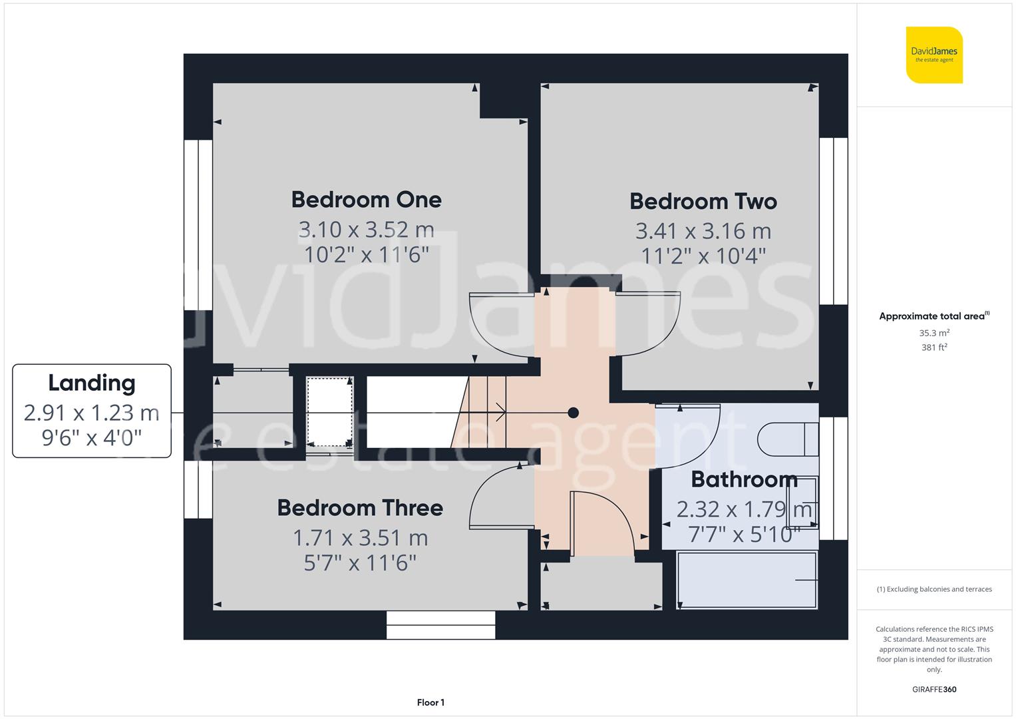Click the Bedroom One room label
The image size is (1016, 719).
pyautogui.click(x=366, y=200)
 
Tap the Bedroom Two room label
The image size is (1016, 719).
pyautogui.click(x=703, y=201)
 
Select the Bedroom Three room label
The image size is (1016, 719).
pyautogui.click(x=360, y=508)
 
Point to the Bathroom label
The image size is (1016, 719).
pyautogui.click(x=744, y=479)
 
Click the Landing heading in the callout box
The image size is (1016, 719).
pyautogui.click(x=92, y=383)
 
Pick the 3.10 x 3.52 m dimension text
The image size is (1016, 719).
pyautogui.click(x=366, y=230)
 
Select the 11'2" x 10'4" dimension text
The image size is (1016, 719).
pyautogui.click(x=703, y=256)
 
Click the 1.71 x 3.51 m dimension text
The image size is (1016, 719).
pyautogui.click(x=360, y=538)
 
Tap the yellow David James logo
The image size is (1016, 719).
pyautogui.click(x=934, y=55)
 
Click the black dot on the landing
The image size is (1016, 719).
pyautogui.click(x=573, y=413)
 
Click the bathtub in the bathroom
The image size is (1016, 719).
pyautogui.click(x=747, y=580)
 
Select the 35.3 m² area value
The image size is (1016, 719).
pyautogui.click(x=934, y=333)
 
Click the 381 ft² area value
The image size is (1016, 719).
pyautogui.click(x=934, y=348)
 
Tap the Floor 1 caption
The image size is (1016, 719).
pyautogui.click(x=430, y=702)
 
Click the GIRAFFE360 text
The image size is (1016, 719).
pyautogui.click(x=934, y=690)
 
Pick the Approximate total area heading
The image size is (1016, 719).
pyautogui.click(x=933, y=316)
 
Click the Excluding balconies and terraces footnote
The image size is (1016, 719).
pyautogui.click(x=934, y=589)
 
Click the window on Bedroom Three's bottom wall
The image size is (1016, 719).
pyautogui.click(x=440, y=625)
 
